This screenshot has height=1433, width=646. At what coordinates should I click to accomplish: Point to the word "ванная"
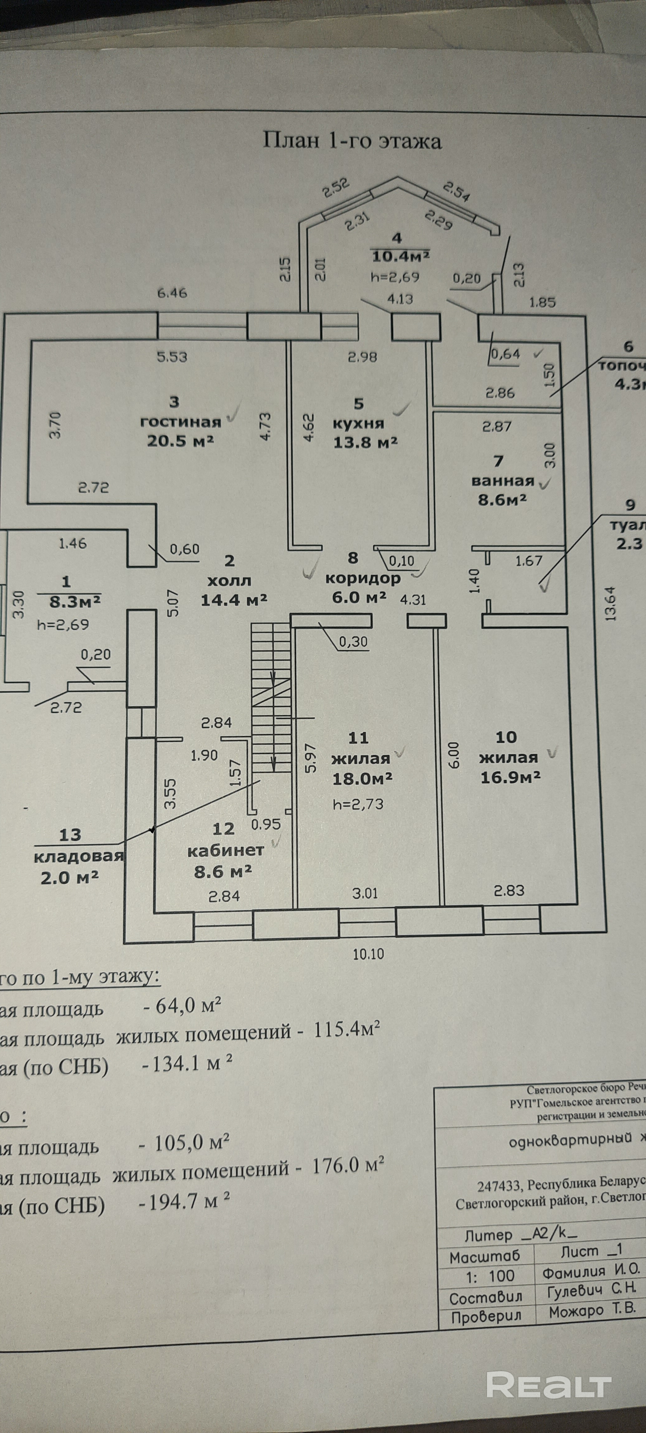click(x=502, y=481)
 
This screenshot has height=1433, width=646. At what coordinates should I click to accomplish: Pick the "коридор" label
click(x=363, y=578)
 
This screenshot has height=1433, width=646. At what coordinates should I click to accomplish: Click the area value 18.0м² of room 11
click(x=362, y=778)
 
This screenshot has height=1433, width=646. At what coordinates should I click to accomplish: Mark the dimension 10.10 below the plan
click(x=368, y=954)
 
